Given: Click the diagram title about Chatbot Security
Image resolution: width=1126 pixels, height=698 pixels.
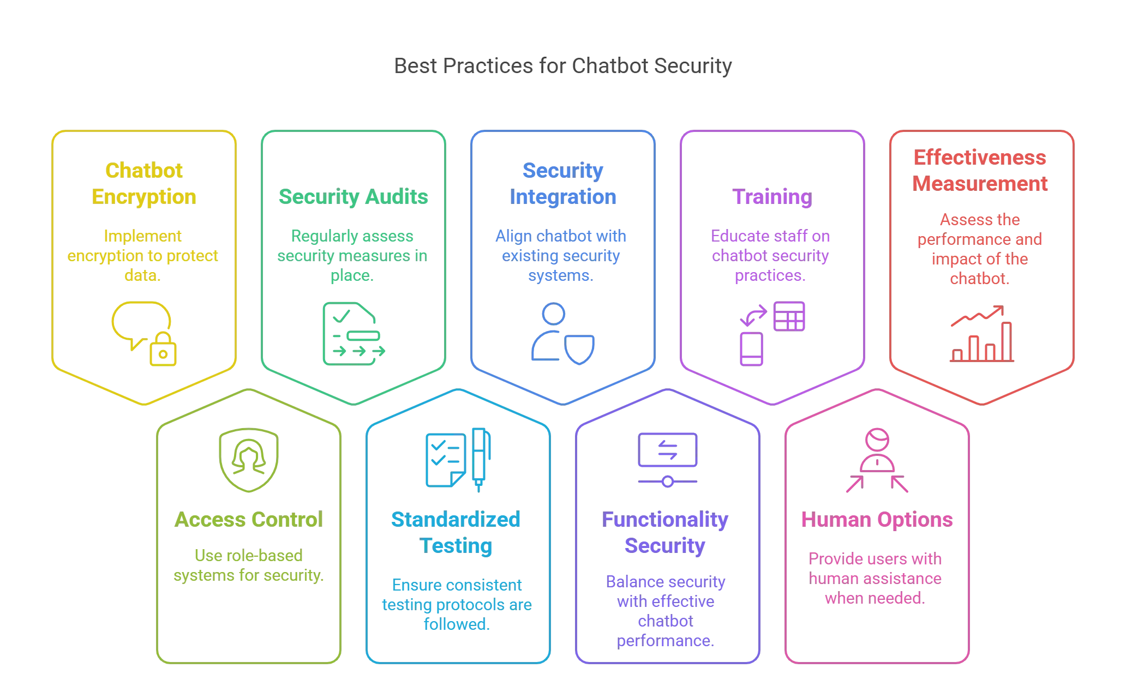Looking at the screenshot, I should (x=562, y=66).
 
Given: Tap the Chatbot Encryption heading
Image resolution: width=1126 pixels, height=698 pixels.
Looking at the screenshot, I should (x=144, y=184).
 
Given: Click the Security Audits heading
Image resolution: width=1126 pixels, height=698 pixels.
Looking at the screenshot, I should (x=354, y=197).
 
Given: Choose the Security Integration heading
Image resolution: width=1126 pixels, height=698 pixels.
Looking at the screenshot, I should (x=564, y=184).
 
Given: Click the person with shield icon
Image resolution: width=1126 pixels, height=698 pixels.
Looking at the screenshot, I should (x=562, y=334).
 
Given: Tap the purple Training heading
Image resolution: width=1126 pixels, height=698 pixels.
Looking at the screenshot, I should (x=771, y=197).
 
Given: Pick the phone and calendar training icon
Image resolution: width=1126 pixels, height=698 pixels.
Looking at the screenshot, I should (x=771, y=333).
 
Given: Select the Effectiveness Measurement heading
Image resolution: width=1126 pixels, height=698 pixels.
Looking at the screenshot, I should (x=980, y=171).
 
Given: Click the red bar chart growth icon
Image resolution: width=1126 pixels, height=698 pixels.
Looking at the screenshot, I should (x=980, y=334).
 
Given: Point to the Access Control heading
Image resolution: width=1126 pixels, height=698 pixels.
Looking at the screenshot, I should (x=249, y=520).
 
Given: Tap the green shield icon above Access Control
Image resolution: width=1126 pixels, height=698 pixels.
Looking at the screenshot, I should (x=249, y=461).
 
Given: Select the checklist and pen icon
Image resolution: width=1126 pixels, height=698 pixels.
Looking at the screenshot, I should (x=458, y=460).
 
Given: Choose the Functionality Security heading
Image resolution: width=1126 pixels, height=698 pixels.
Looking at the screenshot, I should (x=665, y=533).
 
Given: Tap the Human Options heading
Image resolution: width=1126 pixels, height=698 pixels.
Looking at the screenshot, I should (x=877, y=520).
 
